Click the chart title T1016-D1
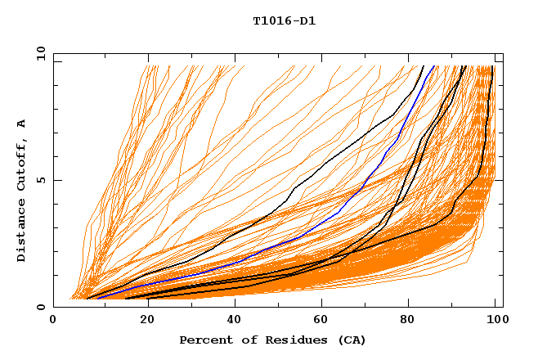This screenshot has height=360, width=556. point(284,20)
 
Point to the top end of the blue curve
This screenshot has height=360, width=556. point(435,65)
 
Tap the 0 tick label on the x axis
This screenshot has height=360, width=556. point(53,322)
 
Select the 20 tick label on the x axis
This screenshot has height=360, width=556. point(142,322)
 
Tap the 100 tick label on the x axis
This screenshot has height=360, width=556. point(496,322)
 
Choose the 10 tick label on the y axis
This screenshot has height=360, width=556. point(39,53)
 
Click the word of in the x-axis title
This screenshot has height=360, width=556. point(248,340)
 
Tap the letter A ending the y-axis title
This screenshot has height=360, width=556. point(21,123)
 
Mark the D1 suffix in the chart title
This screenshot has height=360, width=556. point(307,20)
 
